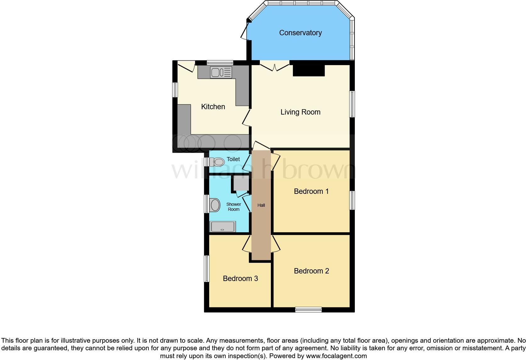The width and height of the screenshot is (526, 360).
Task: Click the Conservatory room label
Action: pyautogui.click(x=300, y=33)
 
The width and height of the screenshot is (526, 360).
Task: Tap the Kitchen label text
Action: pyautogui.click(x=213, y=107)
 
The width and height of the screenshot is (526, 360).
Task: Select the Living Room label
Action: pyautogui.click(x=300, y=112)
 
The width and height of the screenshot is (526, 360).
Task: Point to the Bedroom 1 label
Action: pyautogui.click(x=311, y=191)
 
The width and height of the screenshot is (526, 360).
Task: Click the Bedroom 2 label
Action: pyautogui.click(x=311, y=271)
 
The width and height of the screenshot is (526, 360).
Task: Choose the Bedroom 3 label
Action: pyautogui.click(x=240, y=278)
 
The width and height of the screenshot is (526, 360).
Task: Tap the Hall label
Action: pyautogui.click(x=261, y=205)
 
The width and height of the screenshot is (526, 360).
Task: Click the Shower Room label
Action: pyautogui.click(x=233, y=207)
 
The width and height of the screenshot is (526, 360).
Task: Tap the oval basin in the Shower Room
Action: pyautogui.click(x=215, y=205)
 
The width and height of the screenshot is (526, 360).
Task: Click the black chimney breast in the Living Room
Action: pyautogui.click(x=308, y=70)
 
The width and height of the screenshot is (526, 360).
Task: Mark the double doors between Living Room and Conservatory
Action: pyautogui.click(x=275, y=66)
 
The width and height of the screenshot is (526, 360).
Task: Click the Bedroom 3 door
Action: pyautogui.click(x=246, y=244)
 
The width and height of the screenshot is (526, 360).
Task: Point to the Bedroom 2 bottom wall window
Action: pyautogui.click(x=308, y=310)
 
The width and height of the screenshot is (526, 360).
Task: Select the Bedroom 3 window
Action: pyautogui.click(x=206, y=268)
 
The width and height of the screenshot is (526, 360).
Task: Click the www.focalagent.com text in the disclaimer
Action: pyautogui.click(x=336, y=356)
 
